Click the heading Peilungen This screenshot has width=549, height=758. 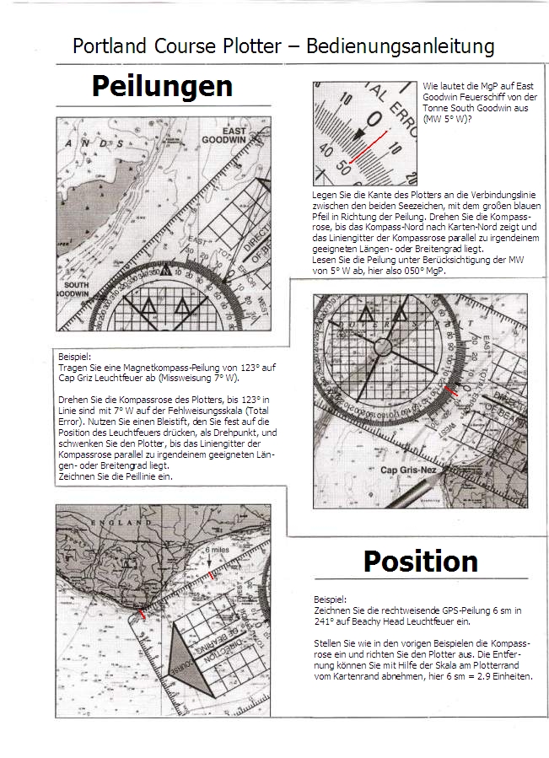(x=162, y=86)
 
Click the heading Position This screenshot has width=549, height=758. (x=420, y=562)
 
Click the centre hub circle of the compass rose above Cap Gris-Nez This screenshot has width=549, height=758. (x=382, y=346)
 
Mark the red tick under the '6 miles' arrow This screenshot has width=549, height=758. (x=210, y=575)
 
